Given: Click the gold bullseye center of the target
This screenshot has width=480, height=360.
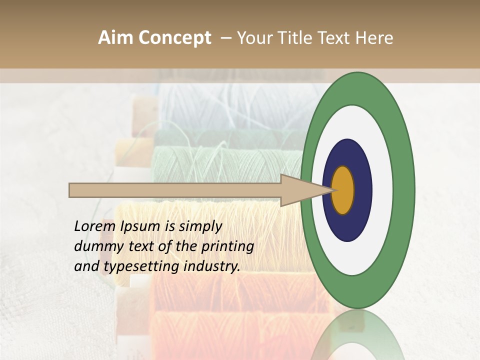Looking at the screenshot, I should coord(343,190).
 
